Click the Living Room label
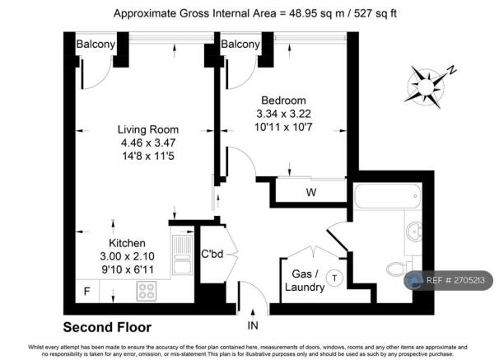coord(148,129)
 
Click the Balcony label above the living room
coord(96,44)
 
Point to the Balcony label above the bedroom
coord(241,44)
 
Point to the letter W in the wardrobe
coord(310,194)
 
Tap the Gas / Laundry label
coord(302,280)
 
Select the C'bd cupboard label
coord(212,254)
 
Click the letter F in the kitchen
coord(86,291)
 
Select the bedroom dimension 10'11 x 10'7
coord(285,127)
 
